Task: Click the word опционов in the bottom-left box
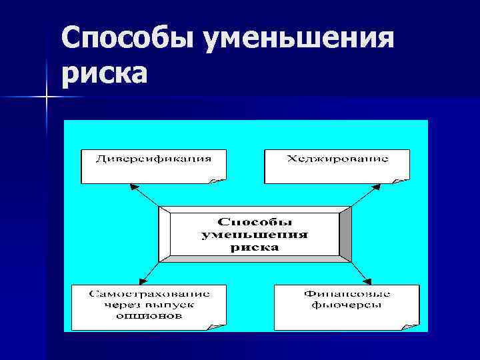point(149,317)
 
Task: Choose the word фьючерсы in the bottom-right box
point(346,305)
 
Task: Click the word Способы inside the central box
point(256,221)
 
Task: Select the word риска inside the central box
point(256,247)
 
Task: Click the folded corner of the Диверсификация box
point(218,178)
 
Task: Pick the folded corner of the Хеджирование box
point(401,178)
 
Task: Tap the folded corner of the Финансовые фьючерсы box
point(411,325)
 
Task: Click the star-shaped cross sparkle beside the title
point(47,98)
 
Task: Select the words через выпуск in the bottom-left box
point(149,305)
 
